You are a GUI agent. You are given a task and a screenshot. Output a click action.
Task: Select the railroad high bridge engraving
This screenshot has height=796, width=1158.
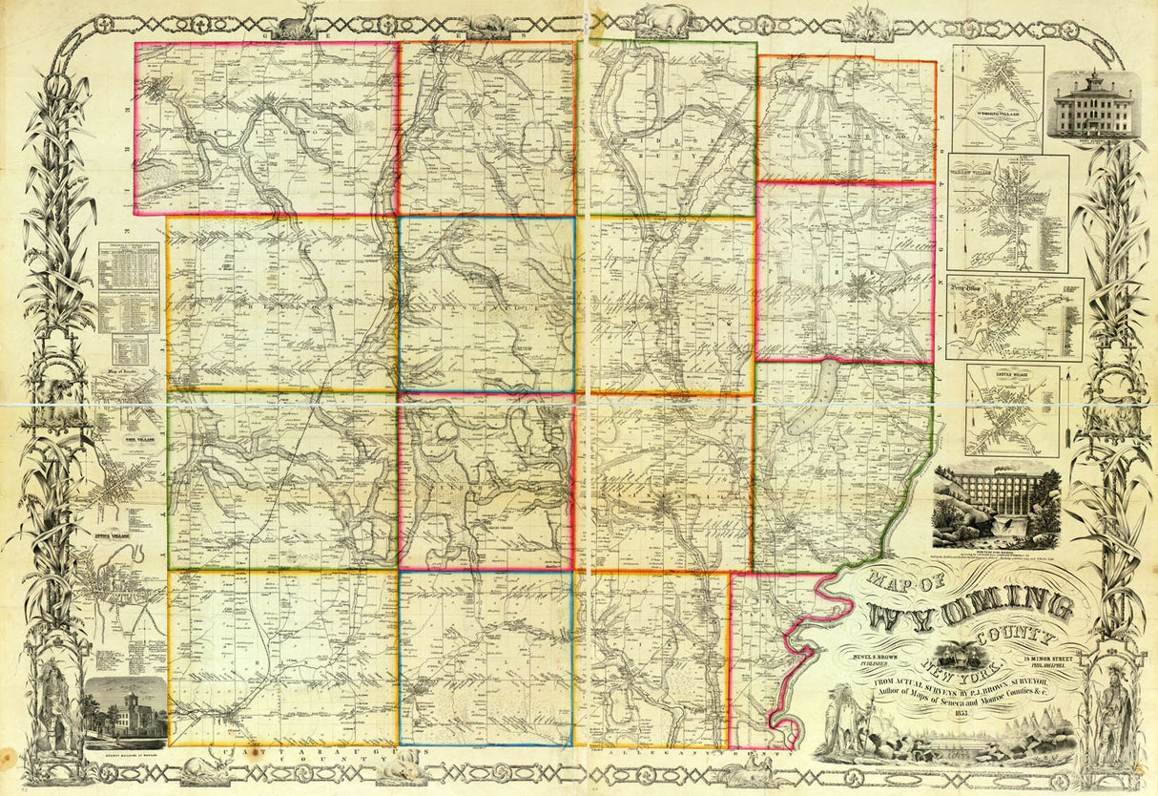(997, 506)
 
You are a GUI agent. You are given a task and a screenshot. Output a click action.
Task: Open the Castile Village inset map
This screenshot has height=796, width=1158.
(1012, 410)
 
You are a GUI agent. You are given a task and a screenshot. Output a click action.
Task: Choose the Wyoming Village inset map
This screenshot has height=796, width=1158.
(998, 98)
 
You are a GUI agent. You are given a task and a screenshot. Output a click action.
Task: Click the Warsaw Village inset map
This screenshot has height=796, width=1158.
(1007, 213)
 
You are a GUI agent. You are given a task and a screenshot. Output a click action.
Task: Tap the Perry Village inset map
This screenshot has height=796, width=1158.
(1014, 318)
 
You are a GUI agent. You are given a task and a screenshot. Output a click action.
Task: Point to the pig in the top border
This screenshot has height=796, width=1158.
(668, 17)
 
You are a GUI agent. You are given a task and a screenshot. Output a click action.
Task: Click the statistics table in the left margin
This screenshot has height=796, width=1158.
(129, 286)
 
